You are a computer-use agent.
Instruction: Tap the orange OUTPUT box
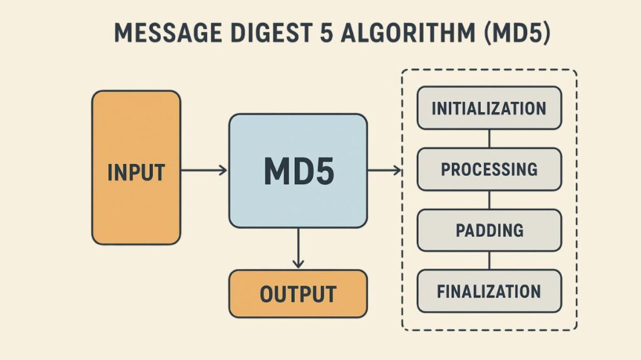(x=298, y=293)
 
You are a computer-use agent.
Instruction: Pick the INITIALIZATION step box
(x=489, y=108)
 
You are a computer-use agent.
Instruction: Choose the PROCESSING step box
(x=489, y=169)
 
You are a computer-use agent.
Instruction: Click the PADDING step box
(x=489, y=230)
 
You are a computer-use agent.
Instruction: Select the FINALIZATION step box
(x=489, y=291)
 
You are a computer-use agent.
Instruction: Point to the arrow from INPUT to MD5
(x=204, y=170)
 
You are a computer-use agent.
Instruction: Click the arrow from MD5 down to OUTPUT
(x=298, y=248)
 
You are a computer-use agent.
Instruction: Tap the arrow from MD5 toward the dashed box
(x=384, y=170)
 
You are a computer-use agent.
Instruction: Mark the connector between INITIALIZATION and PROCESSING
(x=489, y=138)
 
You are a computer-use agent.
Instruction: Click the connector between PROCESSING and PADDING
(x=489, y=199)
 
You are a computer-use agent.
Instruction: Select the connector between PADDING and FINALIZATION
(x=489, y=260)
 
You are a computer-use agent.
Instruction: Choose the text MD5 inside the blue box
(x=298, y=170)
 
